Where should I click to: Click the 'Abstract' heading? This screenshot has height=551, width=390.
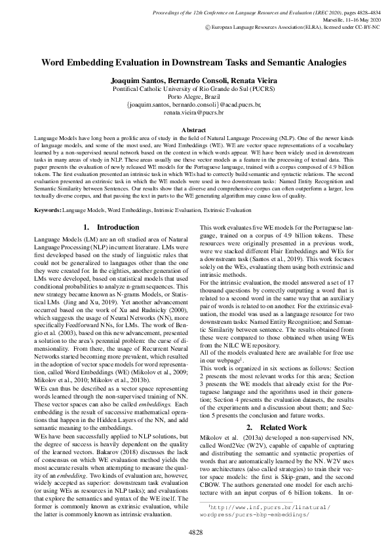tap(194, 131)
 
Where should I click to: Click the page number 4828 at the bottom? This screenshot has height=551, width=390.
tap(195, 533)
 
